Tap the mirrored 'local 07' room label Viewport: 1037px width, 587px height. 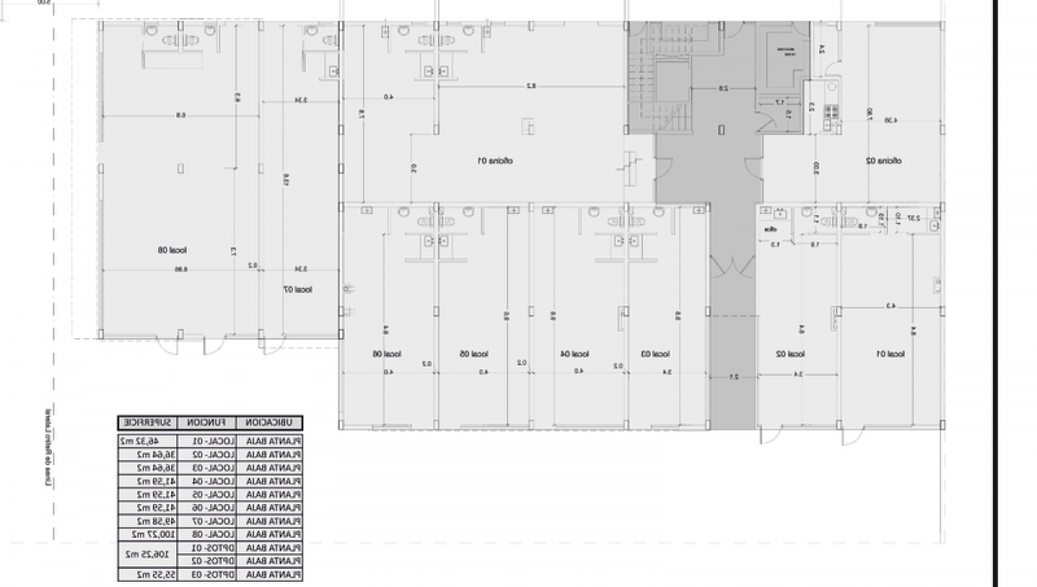tap(298, 290)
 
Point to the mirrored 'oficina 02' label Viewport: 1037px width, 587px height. tap(883, 161)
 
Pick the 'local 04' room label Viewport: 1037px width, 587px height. tap(576, 354)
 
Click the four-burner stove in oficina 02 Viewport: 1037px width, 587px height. tap(831, 111)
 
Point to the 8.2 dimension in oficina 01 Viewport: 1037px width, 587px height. tap(532, 85)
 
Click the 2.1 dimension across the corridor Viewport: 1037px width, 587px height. tap(733, 376)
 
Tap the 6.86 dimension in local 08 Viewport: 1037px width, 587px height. tap(180, 269)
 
